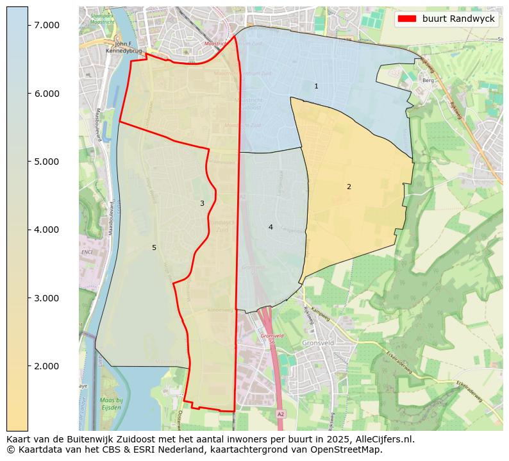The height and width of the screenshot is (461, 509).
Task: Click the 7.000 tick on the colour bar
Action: [x=46, y=25]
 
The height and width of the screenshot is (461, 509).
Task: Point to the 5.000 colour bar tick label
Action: [x=46, y=162]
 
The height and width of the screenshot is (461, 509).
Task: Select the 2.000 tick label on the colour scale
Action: [x=46, y=366]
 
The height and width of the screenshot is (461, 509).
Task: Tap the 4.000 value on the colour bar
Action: [x=46, y=230]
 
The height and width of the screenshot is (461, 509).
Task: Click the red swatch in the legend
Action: [x=407, y=19]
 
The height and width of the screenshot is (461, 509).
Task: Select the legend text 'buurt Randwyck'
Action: [x=458, y=19]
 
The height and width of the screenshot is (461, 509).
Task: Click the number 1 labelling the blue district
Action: [x=316, y=86]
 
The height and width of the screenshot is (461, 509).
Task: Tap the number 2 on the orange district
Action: [x=349, y=187]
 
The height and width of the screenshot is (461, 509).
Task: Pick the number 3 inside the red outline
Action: [x=202, y=203]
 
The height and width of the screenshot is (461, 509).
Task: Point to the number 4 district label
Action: [x=271, y=227]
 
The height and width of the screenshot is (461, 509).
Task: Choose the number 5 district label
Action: [x=154, y=247]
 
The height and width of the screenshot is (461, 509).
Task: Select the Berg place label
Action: [x=428, y=80]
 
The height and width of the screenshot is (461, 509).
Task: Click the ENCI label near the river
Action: [x=87, y=253]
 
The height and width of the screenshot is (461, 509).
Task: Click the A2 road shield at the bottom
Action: [x=280, y=415]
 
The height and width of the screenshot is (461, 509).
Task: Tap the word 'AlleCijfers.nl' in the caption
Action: [x=385, y=440]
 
